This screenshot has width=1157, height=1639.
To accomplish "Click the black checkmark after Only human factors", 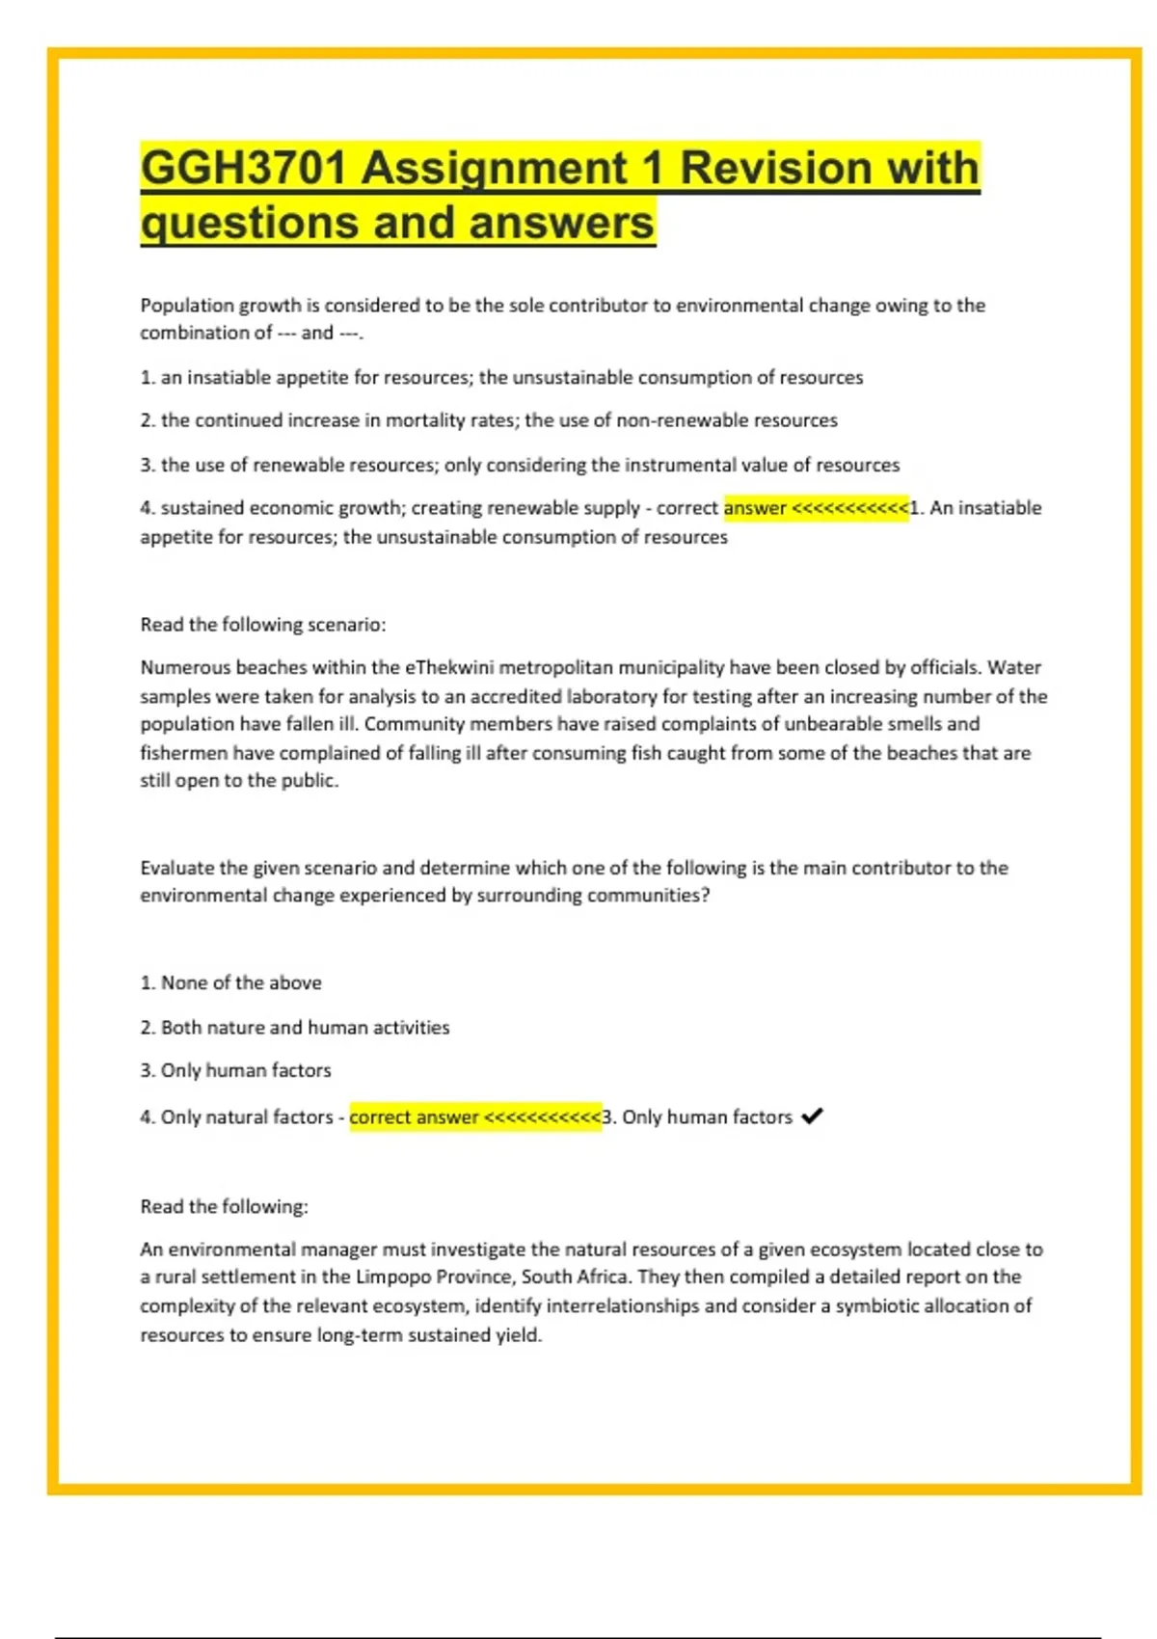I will [812, 1115].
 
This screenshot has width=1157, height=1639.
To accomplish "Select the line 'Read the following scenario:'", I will [263, 625].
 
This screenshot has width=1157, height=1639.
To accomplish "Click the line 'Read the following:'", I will [225, 1206].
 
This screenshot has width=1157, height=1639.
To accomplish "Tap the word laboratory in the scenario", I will [611, 696].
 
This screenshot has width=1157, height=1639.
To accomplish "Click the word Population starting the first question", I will [187, 306].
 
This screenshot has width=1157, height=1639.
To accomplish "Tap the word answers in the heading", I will [561, 223].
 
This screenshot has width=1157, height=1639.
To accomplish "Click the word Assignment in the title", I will [495, 168].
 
